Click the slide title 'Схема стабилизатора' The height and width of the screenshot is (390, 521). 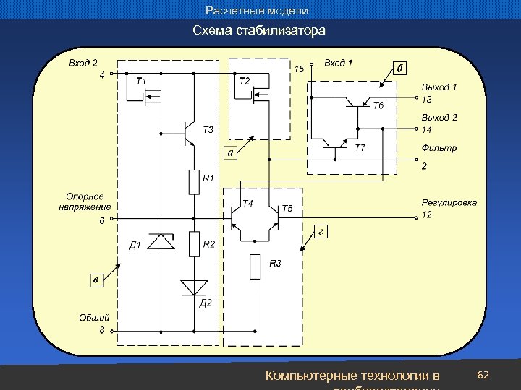[x=259, y=31]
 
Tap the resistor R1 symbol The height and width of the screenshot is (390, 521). [x=194, y=182]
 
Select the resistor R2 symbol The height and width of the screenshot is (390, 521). [x=194, y=244]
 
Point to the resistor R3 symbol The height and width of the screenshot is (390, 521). [x=255, y=266]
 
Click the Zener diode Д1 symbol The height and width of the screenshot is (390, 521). [x=160, y=241]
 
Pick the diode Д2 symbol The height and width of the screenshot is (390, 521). [x=194, y=287]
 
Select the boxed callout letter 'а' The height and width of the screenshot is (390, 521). [x=230, y=152]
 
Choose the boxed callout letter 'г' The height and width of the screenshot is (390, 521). [x=321, y=231]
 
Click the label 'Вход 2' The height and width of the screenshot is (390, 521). [x=83, y=63]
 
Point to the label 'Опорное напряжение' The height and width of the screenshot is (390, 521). [x=85, y=201]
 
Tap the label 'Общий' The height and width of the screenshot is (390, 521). [x=94, y=317]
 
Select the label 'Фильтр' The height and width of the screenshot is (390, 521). [x=439, y=148]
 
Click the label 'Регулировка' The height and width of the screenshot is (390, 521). [x=449, y=203]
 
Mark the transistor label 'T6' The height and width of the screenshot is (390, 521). [x=379, y=106]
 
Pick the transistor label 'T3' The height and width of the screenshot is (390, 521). [x=208, y=130]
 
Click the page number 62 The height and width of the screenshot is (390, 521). [x=484, y=376]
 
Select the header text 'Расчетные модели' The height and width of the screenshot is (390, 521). [x=257, y=11]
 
